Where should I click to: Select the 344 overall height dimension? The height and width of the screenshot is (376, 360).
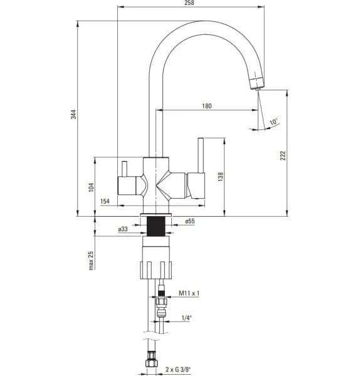[73, 114]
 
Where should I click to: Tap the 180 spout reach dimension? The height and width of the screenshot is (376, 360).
[207, 106]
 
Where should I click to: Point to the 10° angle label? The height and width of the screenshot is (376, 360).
[273, 122]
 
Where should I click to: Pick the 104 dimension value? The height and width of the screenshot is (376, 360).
[91, 187]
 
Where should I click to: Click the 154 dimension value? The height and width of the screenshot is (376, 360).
[105, 201]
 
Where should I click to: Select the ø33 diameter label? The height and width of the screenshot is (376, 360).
[123, 229]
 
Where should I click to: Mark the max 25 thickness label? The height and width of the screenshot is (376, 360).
[91, 259]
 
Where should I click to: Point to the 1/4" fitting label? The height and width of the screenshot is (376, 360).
[186, 318]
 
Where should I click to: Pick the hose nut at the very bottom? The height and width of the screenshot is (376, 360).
[151, 362]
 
